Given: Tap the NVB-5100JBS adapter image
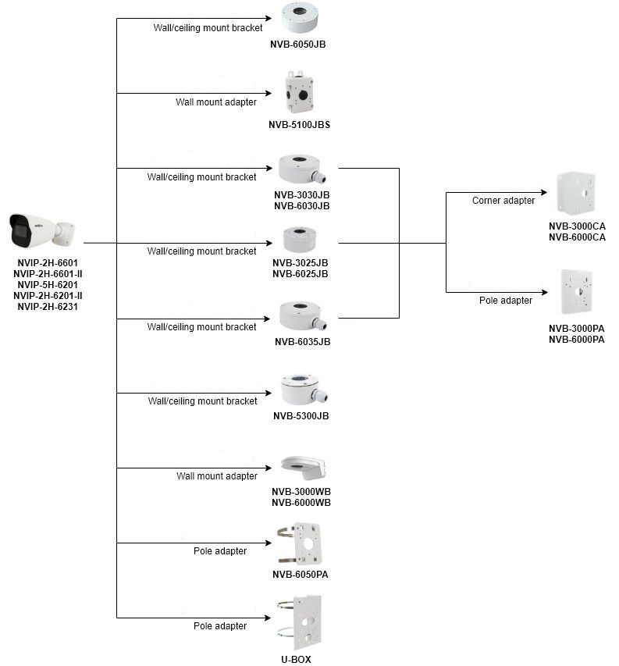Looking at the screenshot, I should click(299, 94).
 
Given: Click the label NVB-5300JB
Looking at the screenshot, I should click(301, 416).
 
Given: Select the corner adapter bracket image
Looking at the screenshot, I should click(576, 194).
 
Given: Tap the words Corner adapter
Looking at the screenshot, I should click(503, 201).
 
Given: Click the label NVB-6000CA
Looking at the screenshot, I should click(577, 237).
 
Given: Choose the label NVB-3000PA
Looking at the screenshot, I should click(577, 328).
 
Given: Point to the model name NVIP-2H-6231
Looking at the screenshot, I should click(47, 307).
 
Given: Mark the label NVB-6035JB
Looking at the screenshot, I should click(302, 341).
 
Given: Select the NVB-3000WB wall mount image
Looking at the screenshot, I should click(303, 469).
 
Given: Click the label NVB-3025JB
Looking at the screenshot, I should click(301, 262).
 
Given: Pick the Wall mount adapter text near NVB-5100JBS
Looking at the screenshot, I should click(216, 102).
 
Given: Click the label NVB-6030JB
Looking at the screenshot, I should click(301, 206).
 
